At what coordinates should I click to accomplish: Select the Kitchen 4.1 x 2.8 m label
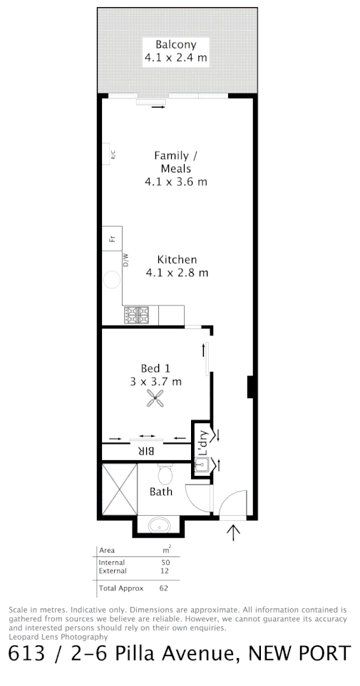pos(177,266)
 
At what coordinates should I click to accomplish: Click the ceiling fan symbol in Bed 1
pos(155,399)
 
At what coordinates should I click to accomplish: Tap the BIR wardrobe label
pos(146,451)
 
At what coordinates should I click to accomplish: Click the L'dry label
pos(202,444)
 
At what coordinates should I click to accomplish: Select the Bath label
pos(160,492)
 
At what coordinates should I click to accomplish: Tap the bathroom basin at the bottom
pos(158,526)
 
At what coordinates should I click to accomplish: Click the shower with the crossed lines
pos(118,489)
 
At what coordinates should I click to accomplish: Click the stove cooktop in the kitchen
pos(135,315)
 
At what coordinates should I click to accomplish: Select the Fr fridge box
pos(112,238)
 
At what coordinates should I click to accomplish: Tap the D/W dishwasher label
pos(126,261)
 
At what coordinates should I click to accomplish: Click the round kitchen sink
pos(113,280)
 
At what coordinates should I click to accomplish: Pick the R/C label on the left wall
pos(113,154)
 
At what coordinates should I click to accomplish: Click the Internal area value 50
pos(166,563)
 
